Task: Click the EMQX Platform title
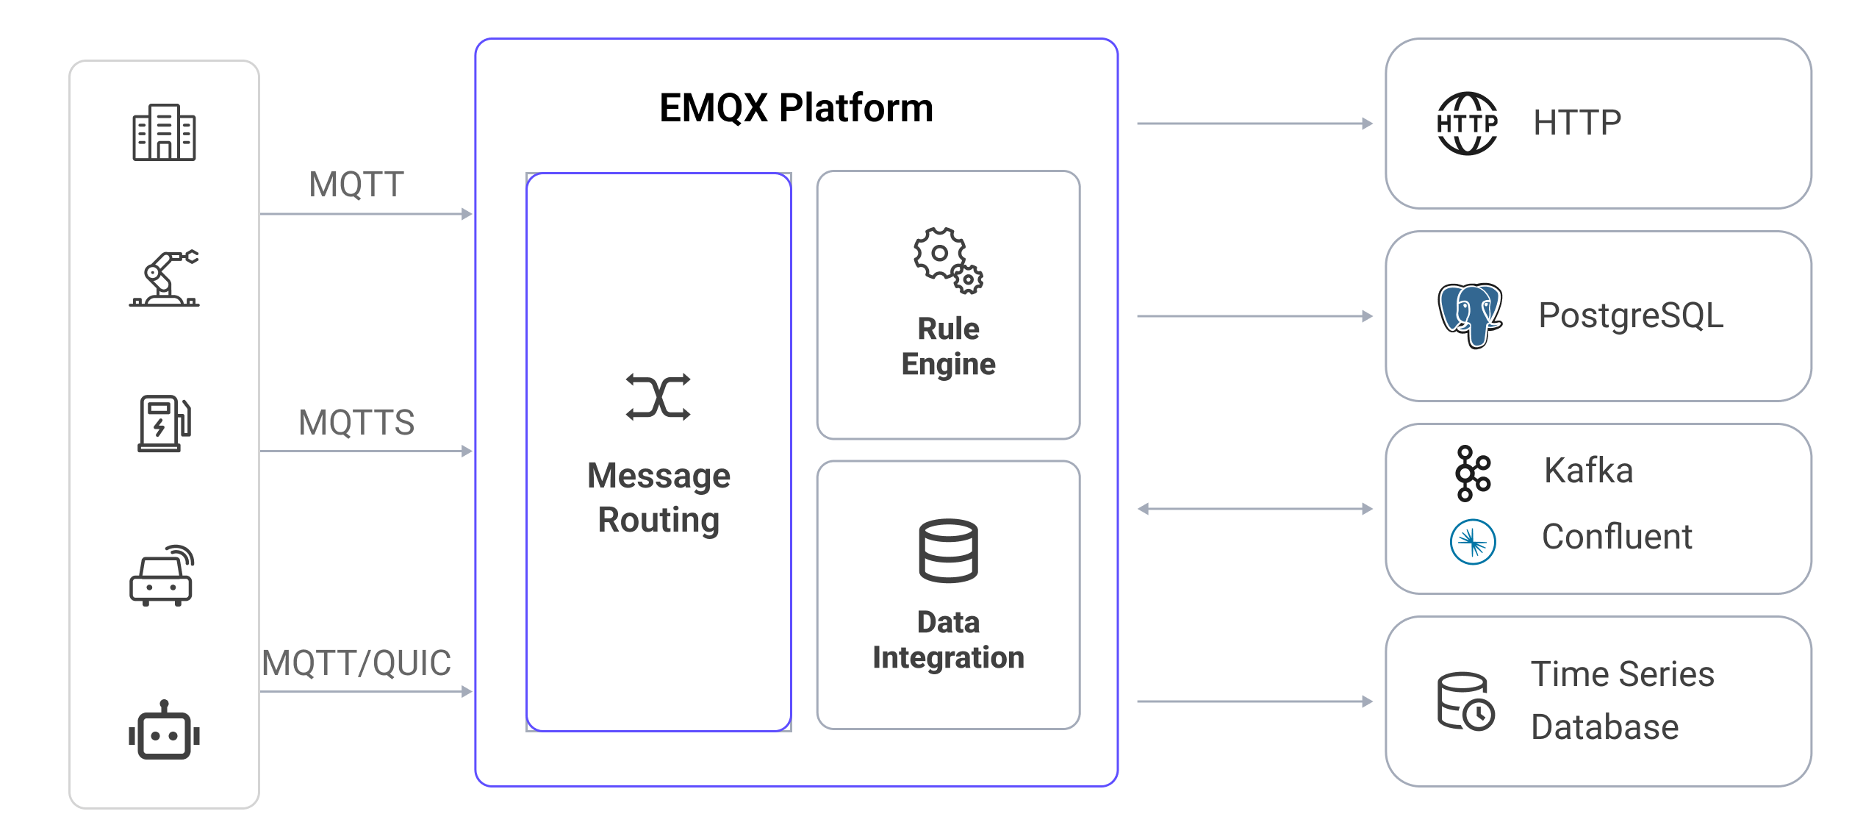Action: pyautogui.click(x=796, y=108)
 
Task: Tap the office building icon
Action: pyautogui.click(x=164, y=132)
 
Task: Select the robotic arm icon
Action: pyautogui.click(x=164, y=278)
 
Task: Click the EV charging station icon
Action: pyautogui.click(x=164, y=423)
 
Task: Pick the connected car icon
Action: pyautogui.click(x=162, y=576)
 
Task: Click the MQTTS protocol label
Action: pyautogui.click(x=356, y=423)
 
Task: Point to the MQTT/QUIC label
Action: pyautogui.click(x=356, y=663)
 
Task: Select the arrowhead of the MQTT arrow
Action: pyautogui.click(x=467, y=214)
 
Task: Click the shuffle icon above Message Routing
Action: pyautogui.click(x=658, y=397)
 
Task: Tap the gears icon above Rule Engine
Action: pyautogui.click(x=948, y=260)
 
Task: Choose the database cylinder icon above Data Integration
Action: pyautogui.click(x=948, y=551)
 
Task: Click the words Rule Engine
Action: pyautogui.click(x=948, y=346)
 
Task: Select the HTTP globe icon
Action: pyautogui.click(x=1467, y=124)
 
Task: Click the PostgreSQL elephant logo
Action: pyautogui.click(x=1470, y=315)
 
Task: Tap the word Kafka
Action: pyautogui.click(x=1588, y=471)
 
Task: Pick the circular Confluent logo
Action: pyautogui.click(x=1473, y=542)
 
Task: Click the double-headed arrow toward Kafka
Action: pyautogui.click(x=1255, y=509)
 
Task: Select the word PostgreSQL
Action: pyautogui.click(x=1631, y=315)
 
